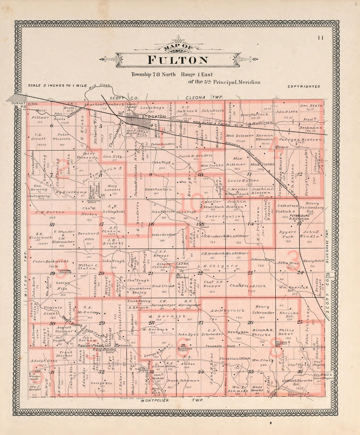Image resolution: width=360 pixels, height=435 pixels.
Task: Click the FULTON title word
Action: click(178, 60)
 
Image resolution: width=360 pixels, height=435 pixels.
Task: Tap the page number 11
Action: click(320, 38)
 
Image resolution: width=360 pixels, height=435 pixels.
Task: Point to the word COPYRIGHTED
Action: click(304, 87)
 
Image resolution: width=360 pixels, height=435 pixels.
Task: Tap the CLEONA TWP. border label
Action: click(199, 98)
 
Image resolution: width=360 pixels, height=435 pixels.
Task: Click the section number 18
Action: click(52, 225)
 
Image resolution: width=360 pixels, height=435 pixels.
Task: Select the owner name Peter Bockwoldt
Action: click(51, 262)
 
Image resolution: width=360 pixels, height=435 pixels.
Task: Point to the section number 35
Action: click(250, 372)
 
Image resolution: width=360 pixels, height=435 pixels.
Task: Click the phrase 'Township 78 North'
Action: click(153, 74)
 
